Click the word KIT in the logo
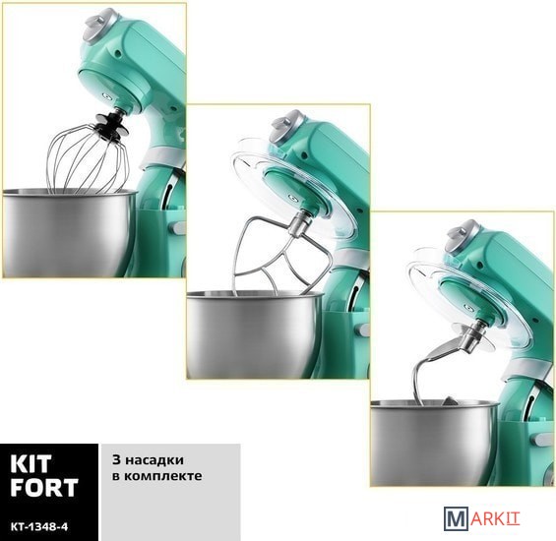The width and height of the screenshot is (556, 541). point(31,464)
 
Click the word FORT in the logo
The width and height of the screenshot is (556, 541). point(44,487)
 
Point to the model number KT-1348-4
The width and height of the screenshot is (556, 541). point(39,527)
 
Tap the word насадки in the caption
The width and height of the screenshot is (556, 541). point(154,460)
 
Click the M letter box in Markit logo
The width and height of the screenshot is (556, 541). point(456,518)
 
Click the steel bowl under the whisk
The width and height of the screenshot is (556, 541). point(69,232)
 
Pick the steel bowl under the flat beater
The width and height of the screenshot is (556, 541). point(254,333)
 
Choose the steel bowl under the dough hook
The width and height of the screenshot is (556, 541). point(434,442)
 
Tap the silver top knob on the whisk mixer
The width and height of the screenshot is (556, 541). point(96,27)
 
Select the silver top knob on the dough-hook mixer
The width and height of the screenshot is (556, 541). point(461,237)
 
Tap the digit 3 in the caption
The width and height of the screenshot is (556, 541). point(117,460)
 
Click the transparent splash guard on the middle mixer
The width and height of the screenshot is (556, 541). point(289,184)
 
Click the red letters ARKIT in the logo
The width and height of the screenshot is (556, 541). point(495,519)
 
